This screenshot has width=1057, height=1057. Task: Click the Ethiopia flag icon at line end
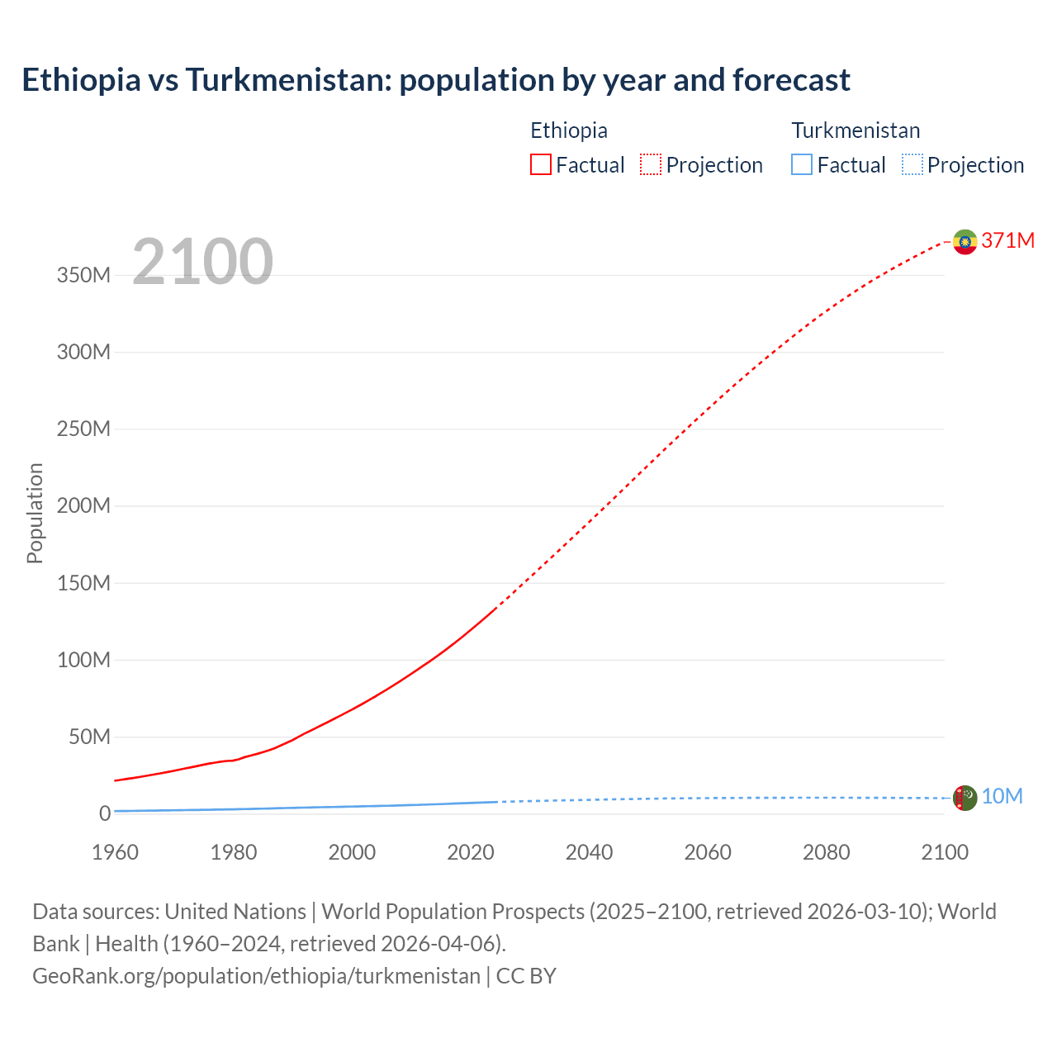click(965, 241)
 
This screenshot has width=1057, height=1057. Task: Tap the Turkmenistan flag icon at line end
click(965, 798)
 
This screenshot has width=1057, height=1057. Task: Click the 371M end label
click(1007, 240)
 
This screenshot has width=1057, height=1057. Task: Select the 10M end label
click(1002, 796)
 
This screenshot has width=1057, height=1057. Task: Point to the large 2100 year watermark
click(202, 262)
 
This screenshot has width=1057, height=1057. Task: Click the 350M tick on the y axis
click(83, 275)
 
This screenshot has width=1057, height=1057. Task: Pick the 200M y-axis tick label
click(83, 505)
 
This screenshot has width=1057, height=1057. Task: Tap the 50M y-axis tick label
click(89, 737)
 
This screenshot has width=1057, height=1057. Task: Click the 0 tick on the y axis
click(104, 813)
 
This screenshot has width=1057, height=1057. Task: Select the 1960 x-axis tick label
click(115, 852)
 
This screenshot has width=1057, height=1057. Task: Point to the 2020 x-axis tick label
click(470, 852)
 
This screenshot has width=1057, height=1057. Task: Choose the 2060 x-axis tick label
click(707, 852)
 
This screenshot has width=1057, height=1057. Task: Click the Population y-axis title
click(35, 513)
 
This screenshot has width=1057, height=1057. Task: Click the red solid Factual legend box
click(540, 164)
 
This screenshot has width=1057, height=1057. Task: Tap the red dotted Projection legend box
click(650, 164)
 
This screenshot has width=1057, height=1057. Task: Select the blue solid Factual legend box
click(801, 164)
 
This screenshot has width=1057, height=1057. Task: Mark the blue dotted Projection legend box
click(912, 164)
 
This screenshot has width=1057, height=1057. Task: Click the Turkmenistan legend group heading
click(856, 130)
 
